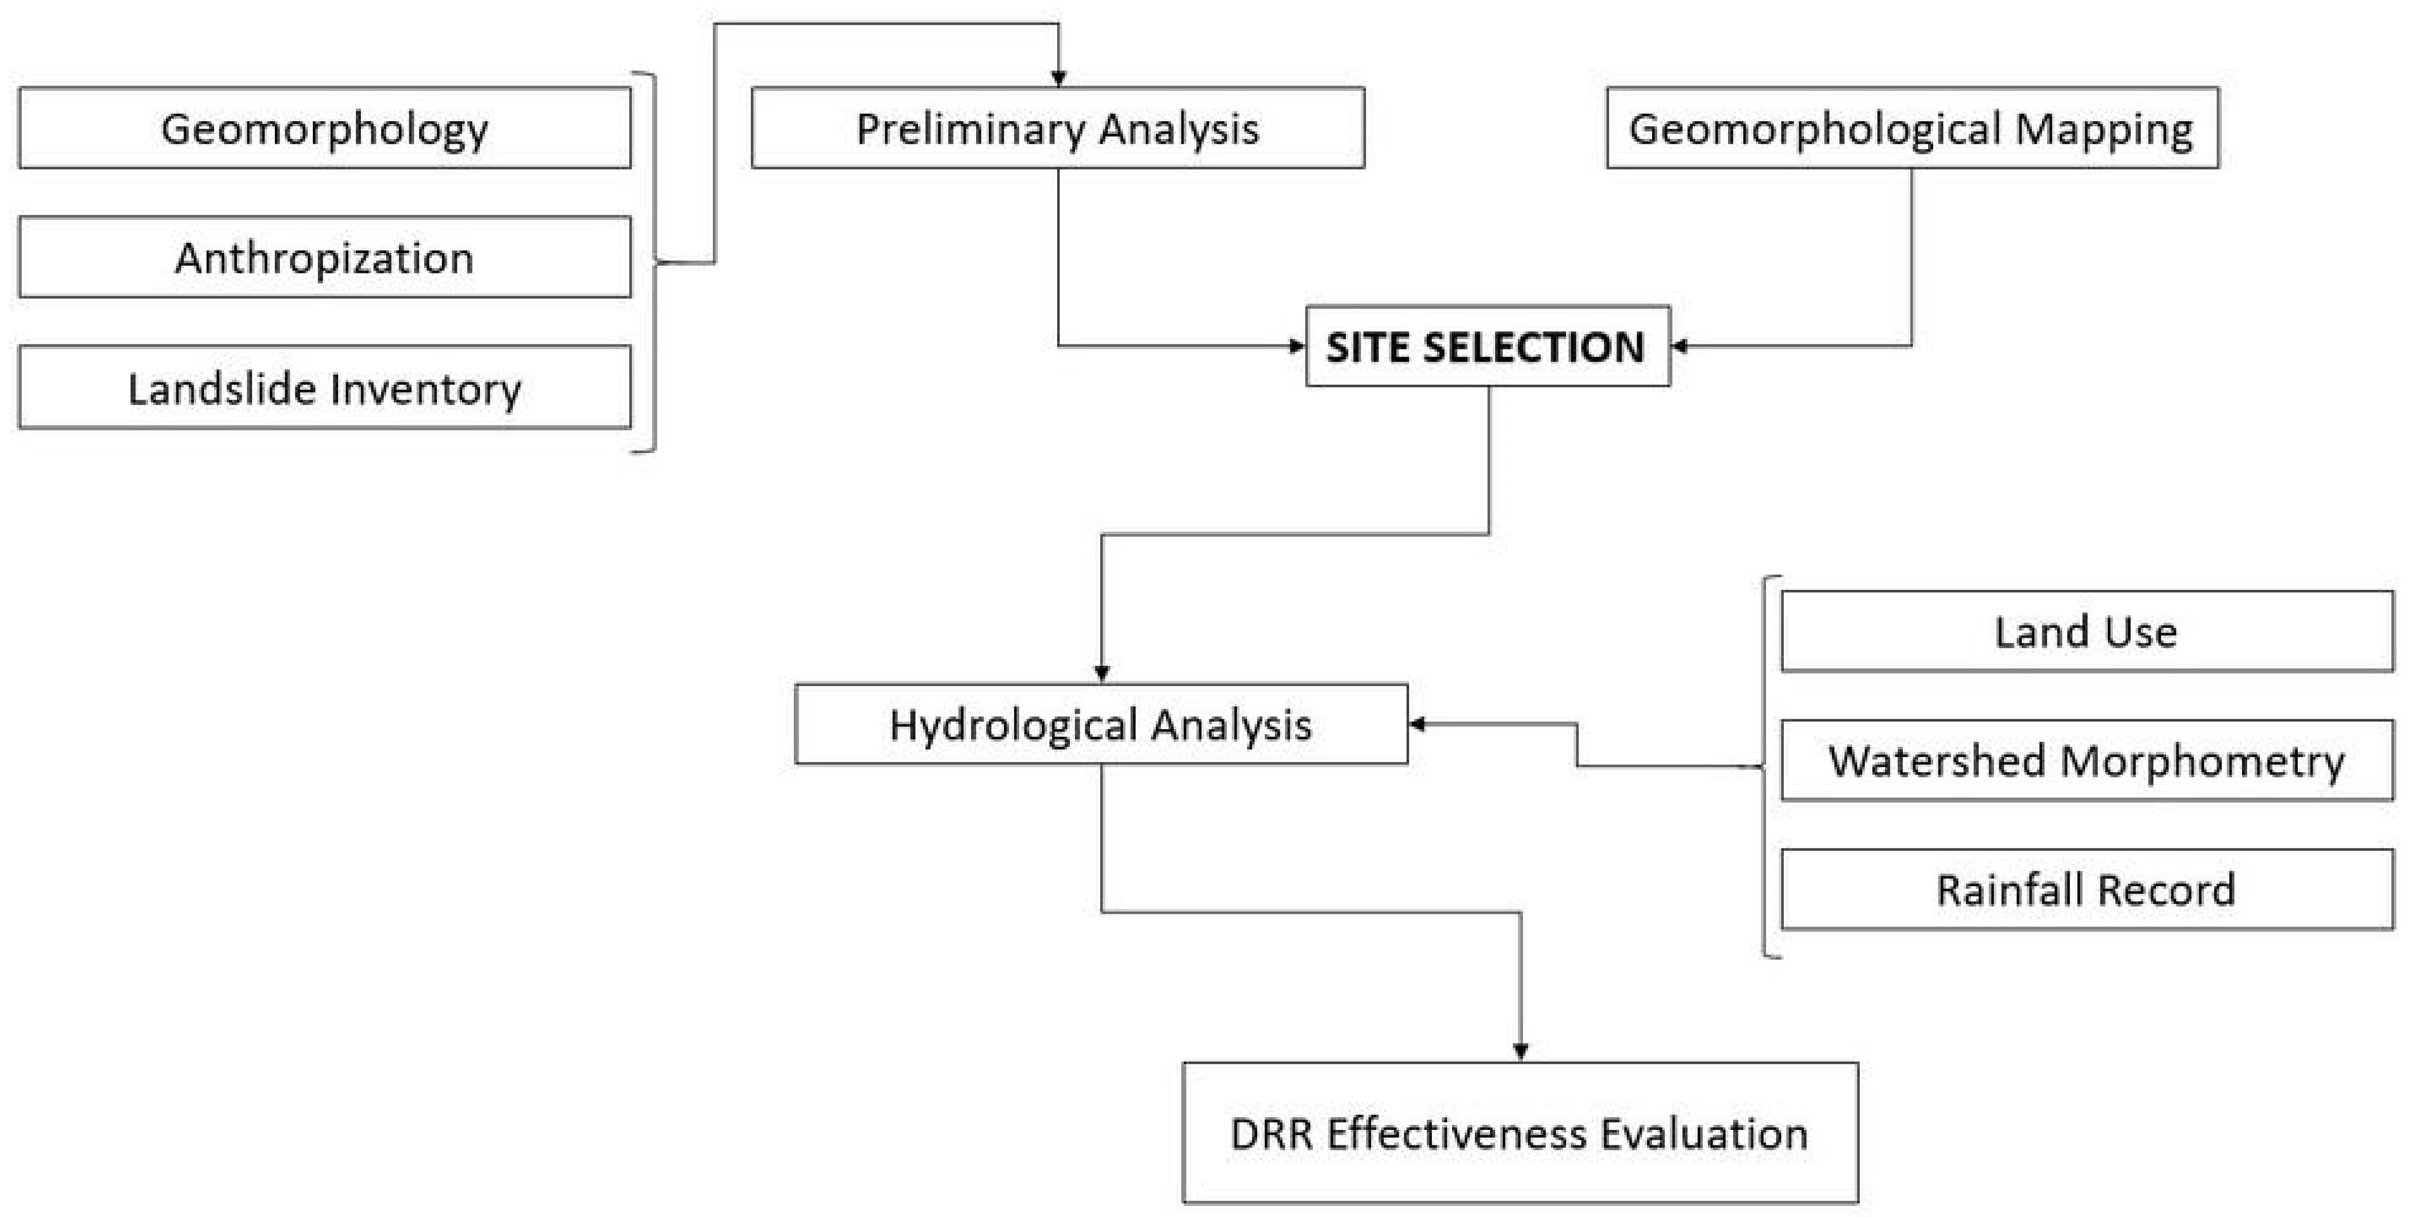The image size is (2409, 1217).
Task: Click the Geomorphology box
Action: click(324, 128)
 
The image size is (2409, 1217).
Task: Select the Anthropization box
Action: click(324, 257)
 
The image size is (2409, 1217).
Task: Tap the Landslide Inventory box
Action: click(324, 387)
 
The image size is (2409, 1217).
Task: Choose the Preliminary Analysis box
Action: click(1058, 128)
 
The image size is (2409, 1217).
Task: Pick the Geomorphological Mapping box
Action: click(1912, 128)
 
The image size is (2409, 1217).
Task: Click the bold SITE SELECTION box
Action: click(1487, 346)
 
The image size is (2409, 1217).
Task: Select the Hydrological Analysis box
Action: click(1101, 724)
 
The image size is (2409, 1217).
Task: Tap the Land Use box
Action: click(2086, 632)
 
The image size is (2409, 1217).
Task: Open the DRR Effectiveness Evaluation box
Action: click(1520, 1133)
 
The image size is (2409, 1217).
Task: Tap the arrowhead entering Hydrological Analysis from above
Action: click(1102, 674)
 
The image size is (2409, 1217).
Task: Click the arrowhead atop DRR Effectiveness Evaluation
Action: click(1520, 1052)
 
